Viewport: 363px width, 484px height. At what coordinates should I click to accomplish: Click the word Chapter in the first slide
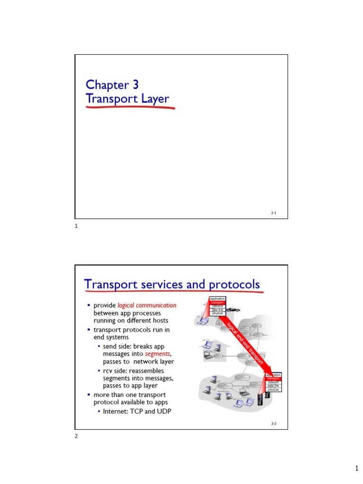pyautogui.click(x=107, y=85)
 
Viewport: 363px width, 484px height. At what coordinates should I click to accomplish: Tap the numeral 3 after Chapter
pyautogui.click(x=136, y=85)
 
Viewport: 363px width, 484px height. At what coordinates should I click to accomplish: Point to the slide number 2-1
pyautogui.click(x=274, y=213)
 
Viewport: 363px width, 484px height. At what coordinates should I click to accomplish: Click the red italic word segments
pyautogui.click(x=157, y=354)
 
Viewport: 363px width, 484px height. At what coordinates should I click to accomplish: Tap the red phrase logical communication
pyautogui.click(x=147, y=305)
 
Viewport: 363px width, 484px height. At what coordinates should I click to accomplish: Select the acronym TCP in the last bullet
pyautogui.click(x=139, y=411)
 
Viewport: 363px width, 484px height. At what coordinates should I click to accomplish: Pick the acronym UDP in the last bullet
pyautogui.click(x=164, y=411)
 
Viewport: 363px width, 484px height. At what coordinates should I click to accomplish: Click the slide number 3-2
pyautogui.click(x=274, y=424)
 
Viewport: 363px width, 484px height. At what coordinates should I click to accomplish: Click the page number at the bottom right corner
pyautogui.click(x=357, y=468)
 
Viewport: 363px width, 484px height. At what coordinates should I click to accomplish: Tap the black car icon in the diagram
pyautogui.click(x=233, y=310)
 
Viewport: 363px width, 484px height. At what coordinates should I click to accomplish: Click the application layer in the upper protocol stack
pyautogui.click(x=217, y=299)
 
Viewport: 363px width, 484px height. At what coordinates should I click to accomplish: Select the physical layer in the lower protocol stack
pyautogui.click(x=273, y=389)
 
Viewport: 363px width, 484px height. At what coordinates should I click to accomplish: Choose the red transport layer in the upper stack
pyautogui.click(x=217, y=302)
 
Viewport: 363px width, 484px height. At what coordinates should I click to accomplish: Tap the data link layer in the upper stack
pyautogui.click(x=217, y=310)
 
